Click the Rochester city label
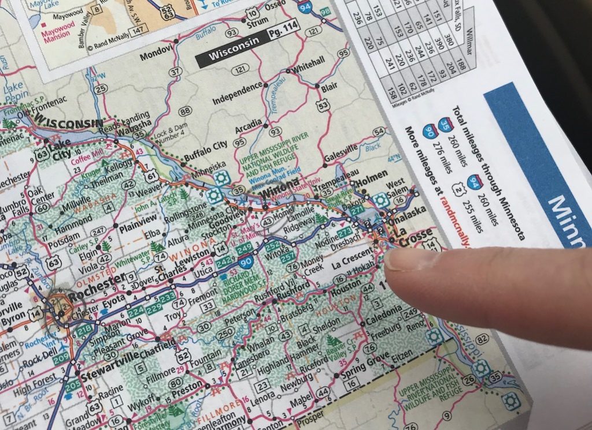pos(96,280)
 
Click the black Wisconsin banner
pos(232,55)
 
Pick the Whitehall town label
pos(309,62)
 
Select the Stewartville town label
pos(110,357)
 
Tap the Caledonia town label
pos(383,312)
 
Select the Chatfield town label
pos(156,349)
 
